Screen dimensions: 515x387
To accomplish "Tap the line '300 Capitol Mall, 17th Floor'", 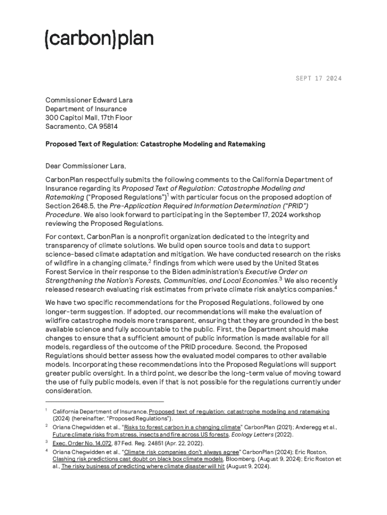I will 89,118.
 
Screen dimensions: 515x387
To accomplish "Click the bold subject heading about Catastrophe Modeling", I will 155,144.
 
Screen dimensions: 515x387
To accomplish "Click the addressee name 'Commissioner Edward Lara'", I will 89,100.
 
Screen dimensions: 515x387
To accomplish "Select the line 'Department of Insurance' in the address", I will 86,109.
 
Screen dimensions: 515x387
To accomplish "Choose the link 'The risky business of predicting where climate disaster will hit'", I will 143,466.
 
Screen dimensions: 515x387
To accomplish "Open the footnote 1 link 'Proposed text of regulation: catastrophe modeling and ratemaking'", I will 239,411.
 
